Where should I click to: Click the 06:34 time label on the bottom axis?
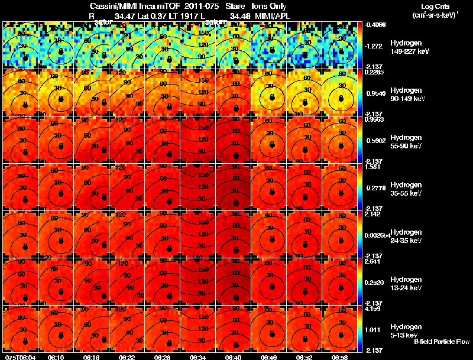[x=197, y=357]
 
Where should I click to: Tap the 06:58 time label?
[x=339, y=357]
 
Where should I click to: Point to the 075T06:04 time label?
[x=19, y=357]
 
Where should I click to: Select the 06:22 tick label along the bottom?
[x=127, y=357]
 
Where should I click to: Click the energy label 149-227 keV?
[x=406, y=51]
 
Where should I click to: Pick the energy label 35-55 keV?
[x=405, y=193]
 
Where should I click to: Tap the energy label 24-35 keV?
[x=405, y=240]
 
